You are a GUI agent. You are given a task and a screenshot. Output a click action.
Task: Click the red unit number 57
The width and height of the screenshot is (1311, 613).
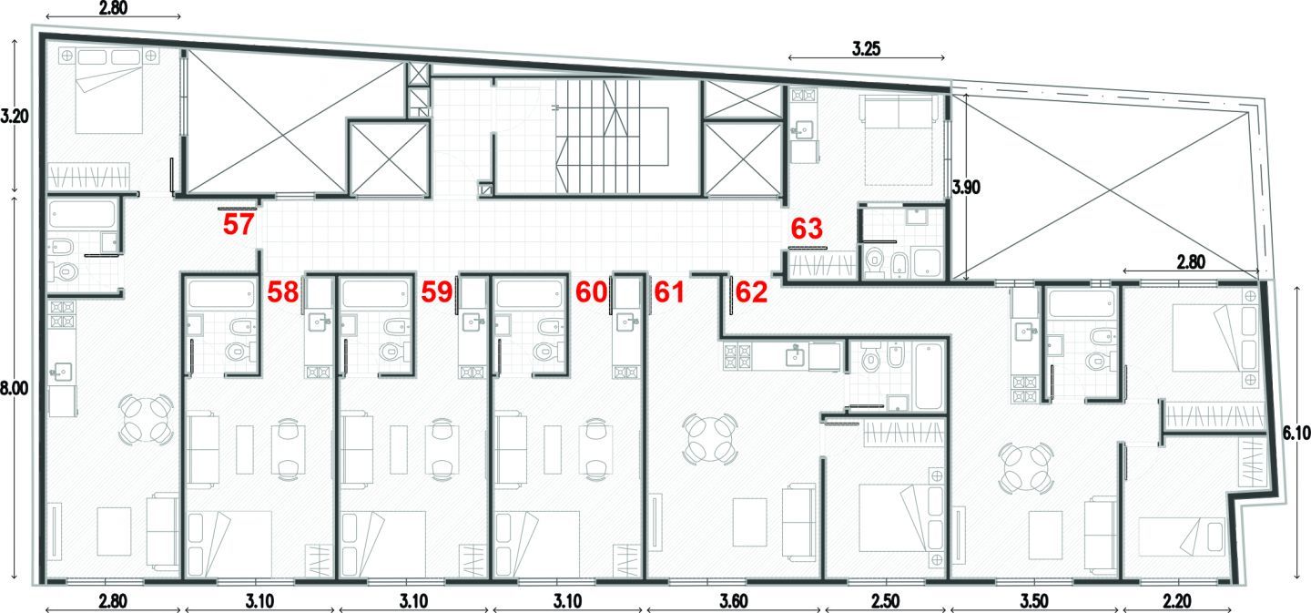[239, 224]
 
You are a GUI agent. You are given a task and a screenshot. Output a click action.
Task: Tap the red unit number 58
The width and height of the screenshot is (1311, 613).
[282, 292]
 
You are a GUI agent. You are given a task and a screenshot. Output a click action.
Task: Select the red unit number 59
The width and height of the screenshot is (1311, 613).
[437, 292]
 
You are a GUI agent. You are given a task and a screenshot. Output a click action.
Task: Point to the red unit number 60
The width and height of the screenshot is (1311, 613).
[591, 292]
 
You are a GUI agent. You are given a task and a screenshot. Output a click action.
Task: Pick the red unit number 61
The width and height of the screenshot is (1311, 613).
[669, 292]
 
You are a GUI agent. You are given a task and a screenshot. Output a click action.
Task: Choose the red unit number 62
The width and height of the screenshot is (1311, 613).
[751, 292]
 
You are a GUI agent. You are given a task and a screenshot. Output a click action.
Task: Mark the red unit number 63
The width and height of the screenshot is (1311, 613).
[807, 229]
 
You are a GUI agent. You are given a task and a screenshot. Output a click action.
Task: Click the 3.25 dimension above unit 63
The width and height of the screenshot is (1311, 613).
[866, 48]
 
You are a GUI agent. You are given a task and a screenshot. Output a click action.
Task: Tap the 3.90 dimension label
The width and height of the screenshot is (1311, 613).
[966, 188]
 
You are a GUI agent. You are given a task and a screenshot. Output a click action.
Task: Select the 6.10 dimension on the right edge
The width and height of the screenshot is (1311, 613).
[1296, 434]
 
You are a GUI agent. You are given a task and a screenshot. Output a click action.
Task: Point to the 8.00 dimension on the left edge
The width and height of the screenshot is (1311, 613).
[14, 389]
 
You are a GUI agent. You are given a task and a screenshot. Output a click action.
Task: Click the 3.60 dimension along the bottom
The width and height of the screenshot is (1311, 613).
[734, 601]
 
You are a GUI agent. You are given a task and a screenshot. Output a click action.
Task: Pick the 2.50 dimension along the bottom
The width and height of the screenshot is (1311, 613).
[885, 601]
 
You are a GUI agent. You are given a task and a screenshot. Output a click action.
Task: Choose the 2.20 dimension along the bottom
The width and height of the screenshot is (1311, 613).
[1177, 601]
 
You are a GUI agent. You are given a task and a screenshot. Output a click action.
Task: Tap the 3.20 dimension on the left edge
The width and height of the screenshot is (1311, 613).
[14, 116]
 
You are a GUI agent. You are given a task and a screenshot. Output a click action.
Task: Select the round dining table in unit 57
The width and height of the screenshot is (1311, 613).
[146, 419]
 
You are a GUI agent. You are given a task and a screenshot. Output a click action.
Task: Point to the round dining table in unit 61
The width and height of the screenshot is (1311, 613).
[711, 440]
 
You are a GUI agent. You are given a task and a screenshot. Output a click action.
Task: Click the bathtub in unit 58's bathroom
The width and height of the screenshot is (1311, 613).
[220, 294]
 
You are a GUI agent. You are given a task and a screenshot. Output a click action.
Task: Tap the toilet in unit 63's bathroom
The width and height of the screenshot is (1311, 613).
[876, 261]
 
